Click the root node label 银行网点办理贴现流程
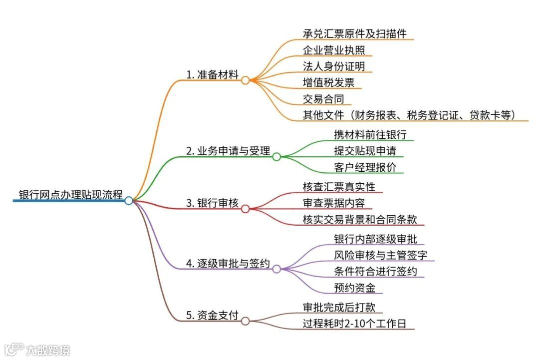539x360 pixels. [70, 194]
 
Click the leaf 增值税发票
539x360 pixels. [328, 82]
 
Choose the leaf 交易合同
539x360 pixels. [323, 99]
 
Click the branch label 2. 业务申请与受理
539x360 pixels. [228, 151]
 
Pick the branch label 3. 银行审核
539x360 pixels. [212, 203]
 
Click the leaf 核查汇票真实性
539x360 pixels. [339, 187]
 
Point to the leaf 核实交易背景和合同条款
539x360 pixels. [360, 219]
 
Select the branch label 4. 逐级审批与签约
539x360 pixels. [228, 263]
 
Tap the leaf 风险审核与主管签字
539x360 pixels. [381, 255]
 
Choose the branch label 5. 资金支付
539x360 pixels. [212, 316]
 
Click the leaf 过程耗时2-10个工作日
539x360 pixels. [354, 324]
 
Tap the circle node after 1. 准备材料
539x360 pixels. [245, 79]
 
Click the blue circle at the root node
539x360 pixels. [129, 200]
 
